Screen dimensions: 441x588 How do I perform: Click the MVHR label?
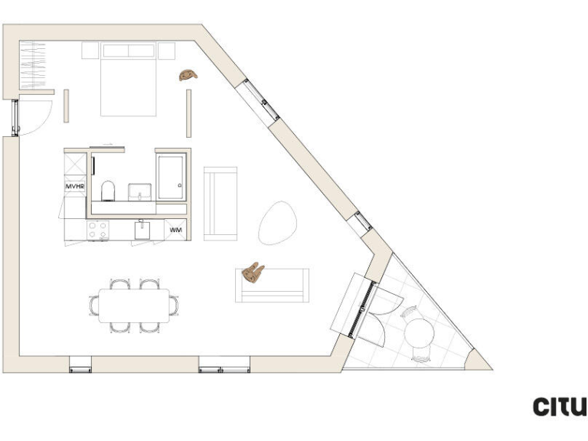tap(73, 186)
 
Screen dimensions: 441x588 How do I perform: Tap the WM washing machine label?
tap(176, 229)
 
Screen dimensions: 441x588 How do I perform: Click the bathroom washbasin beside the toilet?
tap(140, 190)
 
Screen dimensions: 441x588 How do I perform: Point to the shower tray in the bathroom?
tap(171, 178)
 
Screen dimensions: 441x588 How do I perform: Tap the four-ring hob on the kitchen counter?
tap(98, 229)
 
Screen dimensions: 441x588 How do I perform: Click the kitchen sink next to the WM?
tap(141, 230)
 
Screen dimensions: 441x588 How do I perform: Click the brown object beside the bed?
tap(188, 74)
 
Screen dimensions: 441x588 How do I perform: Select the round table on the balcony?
tap(420, 332)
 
